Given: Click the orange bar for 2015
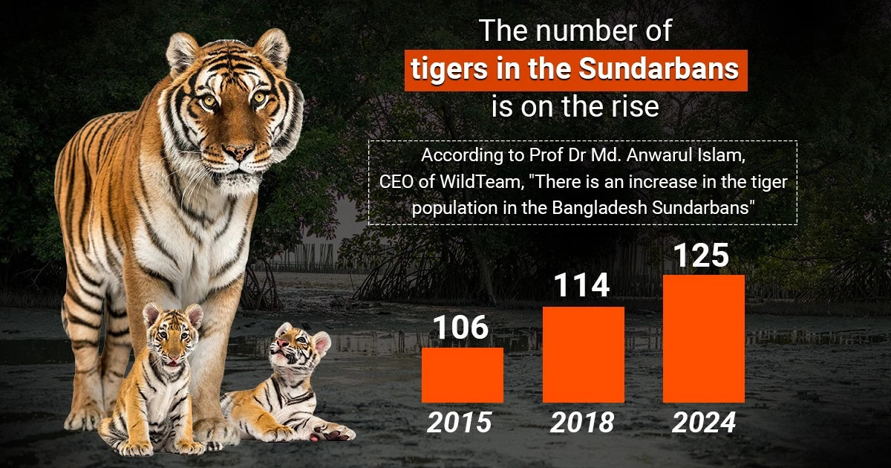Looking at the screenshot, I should pos(462,375).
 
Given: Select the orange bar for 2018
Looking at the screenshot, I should pos(583,354).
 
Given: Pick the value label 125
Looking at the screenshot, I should pos(701,256).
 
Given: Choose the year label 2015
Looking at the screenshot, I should pos(460,422).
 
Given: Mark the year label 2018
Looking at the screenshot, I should pos(582,422).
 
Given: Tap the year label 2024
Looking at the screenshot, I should pos(704,422).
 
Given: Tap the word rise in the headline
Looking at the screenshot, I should pos(633,106).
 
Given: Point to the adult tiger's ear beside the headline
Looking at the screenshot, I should pos(272,48).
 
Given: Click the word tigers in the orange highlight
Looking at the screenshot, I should pos(451,69).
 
